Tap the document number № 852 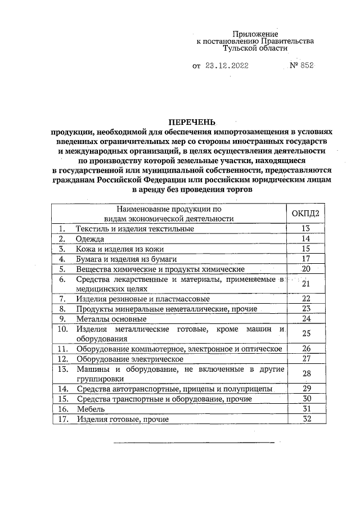click(x=300, y=66)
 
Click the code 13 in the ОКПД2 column click(x=306, y=229)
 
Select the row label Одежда click(x=91, y=239)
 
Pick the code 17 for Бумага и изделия click(x=306, y=259)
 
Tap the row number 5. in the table click(x=62, y=269)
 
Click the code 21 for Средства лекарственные click(x=306, y=283)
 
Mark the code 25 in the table click(x=306, y=334)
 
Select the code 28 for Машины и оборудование click(x=306, y=373)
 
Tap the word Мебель click(x=92, y=409)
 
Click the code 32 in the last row click(x=306, y=419)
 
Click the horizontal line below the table click(x=194, y=443)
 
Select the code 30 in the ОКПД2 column click(x=306, y=399)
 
